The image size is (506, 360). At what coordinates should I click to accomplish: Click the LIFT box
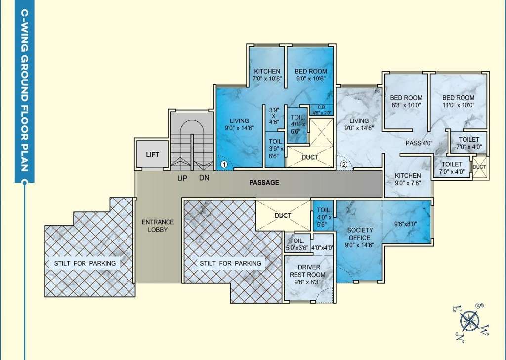pyautogui.click(x=152, y=154)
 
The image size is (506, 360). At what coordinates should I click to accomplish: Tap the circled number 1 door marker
pyautogui.click(x=224, y=165)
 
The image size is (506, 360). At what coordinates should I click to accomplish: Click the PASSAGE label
pyautogui.click(x=264, y=183)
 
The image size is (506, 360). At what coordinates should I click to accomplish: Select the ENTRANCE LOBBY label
pyautogui.click(x=158, y=226)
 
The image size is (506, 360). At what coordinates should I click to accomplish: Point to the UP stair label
pyautogui.click(x=182, y=178)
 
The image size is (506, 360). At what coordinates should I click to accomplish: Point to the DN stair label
pyautogui.click(x=204, y=178)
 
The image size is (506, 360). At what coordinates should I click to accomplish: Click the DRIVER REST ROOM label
pyautogui.click(x=307, y=275)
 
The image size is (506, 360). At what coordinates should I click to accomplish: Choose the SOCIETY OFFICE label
pyautogui.click(x=360, y=238)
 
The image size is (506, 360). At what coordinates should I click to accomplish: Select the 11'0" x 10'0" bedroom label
pyautogui.click(x=458, y=101)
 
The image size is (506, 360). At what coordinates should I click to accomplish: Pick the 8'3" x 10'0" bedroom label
pyautogui.click(x=406, y=101)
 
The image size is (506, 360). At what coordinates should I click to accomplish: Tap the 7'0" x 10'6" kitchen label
pyautogui.click(x=267, y=75)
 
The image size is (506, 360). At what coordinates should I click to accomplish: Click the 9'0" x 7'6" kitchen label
pyautogui.click(x=408, y=179)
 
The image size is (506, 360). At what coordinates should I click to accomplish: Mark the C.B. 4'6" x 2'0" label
pyautogui.click(x=321, y=110)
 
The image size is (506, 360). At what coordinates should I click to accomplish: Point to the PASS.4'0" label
pyautogui.click(x=419, y=143)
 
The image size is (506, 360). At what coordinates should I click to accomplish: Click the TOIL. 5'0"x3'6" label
pyautogui.click(x=297, y=244)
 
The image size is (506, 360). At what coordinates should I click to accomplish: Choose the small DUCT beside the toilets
pyautogui.click(x=479, y=167)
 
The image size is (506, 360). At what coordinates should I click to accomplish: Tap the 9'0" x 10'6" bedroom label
pyautogui.click(x=311, y=75)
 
